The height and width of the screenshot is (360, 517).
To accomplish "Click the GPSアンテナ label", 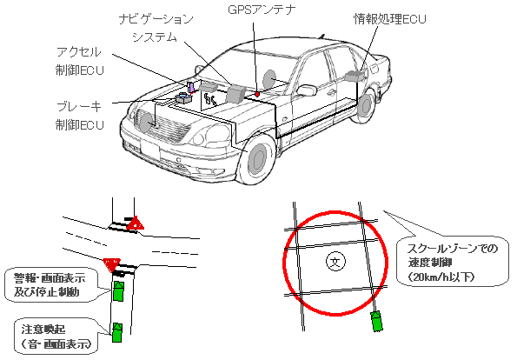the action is pos(262,10).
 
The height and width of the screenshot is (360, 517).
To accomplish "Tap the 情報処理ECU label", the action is pos(390,19).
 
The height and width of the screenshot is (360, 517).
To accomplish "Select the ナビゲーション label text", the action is pos(156,19).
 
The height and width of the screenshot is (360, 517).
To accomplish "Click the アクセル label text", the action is pos(78,52).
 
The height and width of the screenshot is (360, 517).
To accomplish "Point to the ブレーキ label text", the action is pos(79,106).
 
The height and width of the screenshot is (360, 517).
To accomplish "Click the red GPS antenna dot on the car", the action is pos(257,95).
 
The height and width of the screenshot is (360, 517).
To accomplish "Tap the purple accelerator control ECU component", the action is pos(191,87).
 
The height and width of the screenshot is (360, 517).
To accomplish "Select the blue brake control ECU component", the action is pos(184,98).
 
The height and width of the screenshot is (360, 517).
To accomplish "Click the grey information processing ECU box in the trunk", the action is pos(355,76).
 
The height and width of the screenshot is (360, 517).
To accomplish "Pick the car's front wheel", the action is pos(258,158).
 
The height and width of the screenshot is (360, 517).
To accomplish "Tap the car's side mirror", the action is pos(307,90).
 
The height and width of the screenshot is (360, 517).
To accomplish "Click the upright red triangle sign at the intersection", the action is pos(136,223).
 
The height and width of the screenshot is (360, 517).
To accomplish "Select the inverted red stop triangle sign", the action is pos(111,265).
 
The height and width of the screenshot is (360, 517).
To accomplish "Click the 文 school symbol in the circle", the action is pos(335,262).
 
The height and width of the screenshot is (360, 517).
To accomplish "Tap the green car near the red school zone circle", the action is pos(377,321).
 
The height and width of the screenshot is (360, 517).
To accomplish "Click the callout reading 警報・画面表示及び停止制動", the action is pos(52,285).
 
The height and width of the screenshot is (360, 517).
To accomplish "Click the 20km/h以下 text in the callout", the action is pos(441,277).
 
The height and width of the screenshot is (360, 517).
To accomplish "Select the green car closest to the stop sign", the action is pos(118,291).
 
